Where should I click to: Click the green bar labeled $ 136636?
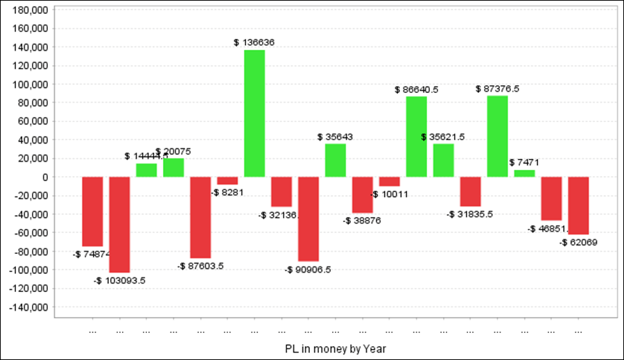tap(254, 113)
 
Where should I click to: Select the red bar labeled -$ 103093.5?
tap(119, 225)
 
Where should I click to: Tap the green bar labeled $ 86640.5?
tap(416, 137)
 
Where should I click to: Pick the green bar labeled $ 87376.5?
tap(497, 136)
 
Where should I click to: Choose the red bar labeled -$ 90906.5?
tap(309, 218)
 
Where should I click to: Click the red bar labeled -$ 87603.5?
tap(200, 217)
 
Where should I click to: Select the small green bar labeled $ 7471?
tap(524, 173)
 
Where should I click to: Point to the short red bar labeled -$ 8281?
tap(227, 180)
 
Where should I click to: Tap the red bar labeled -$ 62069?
tap(578, 205)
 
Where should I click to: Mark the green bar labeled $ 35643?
tap(336, 160)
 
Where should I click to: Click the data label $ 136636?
tap(254, 42)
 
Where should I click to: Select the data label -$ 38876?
tap(362, 221)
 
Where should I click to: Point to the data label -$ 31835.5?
tap(470, 214)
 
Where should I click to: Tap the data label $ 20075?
tap(173, 151)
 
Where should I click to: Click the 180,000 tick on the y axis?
tap(31, 10)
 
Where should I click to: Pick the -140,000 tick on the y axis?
tap(28, 307)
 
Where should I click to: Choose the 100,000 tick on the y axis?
tap(31, 85)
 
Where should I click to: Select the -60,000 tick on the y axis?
tap(31, 232)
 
